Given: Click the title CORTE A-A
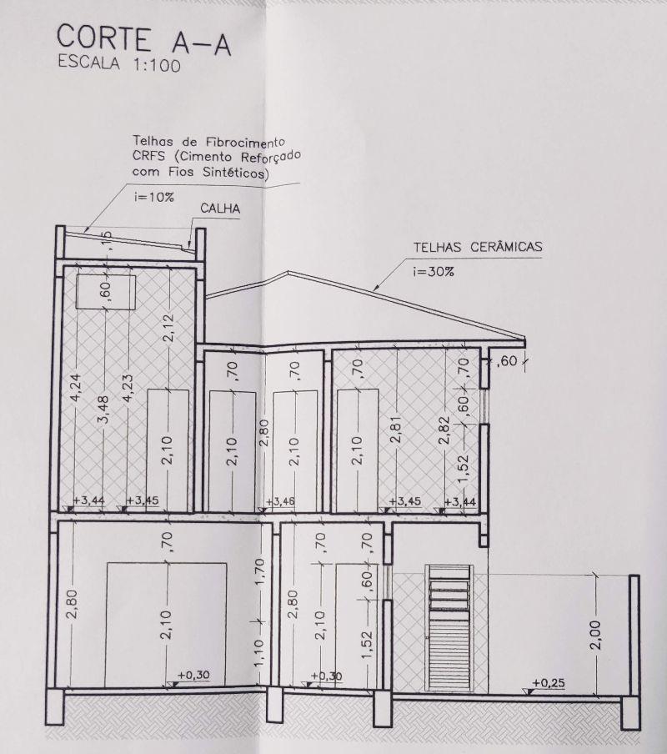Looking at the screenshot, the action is (x=143, y=39).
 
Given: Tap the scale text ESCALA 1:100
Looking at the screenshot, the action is (x=119, y=63).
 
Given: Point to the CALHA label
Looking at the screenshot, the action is (x=220, y=209).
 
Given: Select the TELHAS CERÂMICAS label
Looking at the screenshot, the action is (x=478, y=247).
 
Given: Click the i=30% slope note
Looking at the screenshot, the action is (x=433, y=272).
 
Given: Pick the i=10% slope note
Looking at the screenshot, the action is (x=153, y=197).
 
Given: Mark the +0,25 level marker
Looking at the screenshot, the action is (x=549, y=683).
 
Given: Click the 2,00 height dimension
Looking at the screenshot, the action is (x=595, y=635).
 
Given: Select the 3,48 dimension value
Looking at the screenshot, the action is (x=103, y=410).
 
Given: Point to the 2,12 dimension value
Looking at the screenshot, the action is (x=168, y=328).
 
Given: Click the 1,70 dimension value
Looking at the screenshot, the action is (x=259, y=571).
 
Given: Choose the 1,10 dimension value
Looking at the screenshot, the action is (x=259, y=654).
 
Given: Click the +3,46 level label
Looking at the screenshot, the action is (x=281, y=501).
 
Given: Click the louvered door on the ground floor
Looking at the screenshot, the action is (x=449, y=627).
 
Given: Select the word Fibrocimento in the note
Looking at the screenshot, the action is (x=246, y=142).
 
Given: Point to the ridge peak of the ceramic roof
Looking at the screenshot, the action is (x=288, y=272).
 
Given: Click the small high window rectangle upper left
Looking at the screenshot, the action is (x=106, y=291).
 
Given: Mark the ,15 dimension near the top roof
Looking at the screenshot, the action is (x=107, y=239).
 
